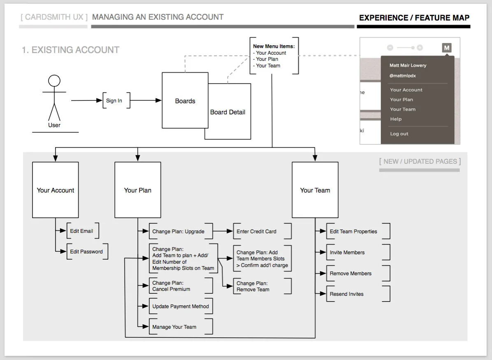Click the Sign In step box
pos(114,101)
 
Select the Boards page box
pos(185,101)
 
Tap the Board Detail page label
pos(227,112)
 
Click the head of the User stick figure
pos(54,81)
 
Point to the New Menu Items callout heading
pos(274,46)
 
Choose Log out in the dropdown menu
pos(399,134)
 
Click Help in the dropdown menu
pos(396,119)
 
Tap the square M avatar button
pos(446,48)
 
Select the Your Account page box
pos(56,190)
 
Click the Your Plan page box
pos(137,190)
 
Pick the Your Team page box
pos(315,190)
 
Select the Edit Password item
pos(86,252)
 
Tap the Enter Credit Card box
pos(257,232)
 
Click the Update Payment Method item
pos(181,307)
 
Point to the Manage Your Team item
pos(174,327)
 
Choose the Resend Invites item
pos(347,294)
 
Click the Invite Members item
pos(347,253)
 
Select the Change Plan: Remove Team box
pos(253,286)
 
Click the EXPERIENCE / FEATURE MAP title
pos(414,18)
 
